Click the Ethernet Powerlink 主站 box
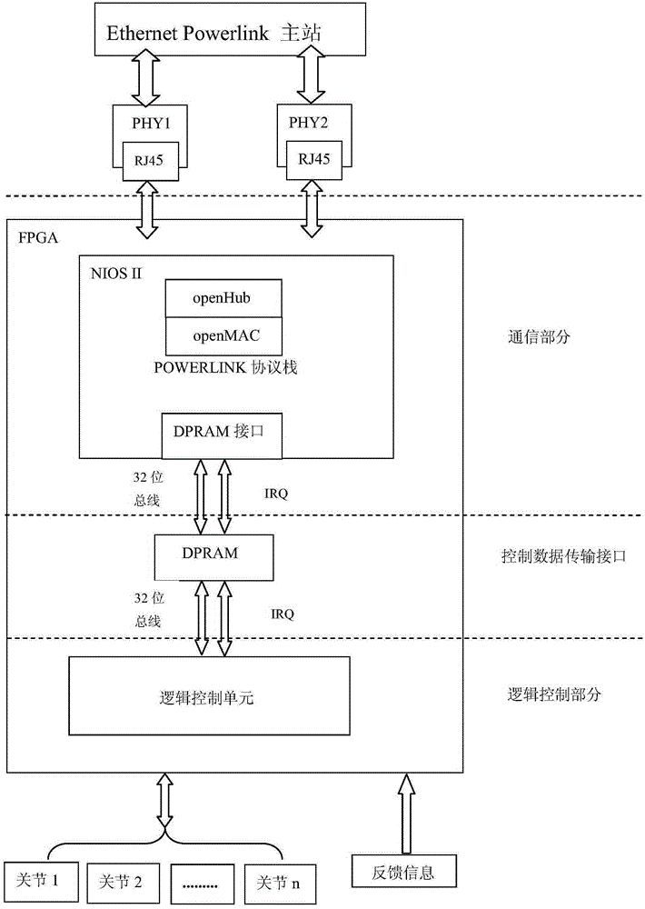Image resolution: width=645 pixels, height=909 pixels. (230, 29)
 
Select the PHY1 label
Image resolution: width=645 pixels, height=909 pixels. (151, 124)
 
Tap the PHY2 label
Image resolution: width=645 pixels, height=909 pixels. (308, 123)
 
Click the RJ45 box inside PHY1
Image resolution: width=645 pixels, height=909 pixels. (150, 161)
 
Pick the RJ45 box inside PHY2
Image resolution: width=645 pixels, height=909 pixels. (314, 159)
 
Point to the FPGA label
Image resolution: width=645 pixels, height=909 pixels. (38, 237)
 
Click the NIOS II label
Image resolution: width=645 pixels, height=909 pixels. (116, 274)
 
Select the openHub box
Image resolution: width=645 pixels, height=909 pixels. (223, 298)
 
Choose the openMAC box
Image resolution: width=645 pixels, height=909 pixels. (223, 336)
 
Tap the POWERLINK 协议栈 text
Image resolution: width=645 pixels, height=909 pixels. (225, 367)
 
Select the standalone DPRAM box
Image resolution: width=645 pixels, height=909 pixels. (213, 557)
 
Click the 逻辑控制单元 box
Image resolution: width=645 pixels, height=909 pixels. (209, 695)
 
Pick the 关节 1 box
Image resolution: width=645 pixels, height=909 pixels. (41, 881)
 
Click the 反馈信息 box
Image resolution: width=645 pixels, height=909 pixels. (403, 872)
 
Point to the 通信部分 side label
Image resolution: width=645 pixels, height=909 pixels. (540, 337)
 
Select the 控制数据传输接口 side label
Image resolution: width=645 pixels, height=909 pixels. (564, 556)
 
